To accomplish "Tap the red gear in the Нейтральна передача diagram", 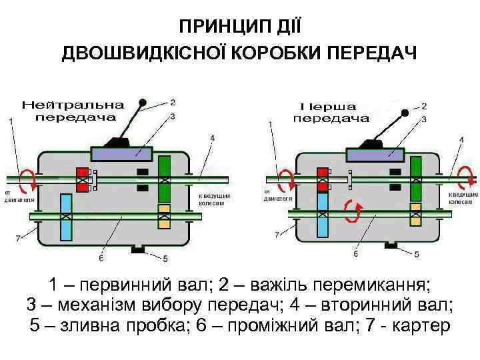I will pyautogui.click(x=83, y=179).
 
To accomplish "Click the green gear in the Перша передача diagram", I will pyautogui.click(x=415, y=179).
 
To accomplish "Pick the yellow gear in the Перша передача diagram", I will pyautogui.click(x=415, y=214).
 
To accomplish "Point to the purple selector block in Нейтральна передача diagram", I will pyautogui.click(x=125, y=153).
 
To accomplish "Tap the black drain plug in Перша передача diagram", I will pyautogui.click(x=391, y=247).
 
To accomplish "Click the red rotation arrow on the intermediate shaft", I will pyautogui.click(x=352, y=211).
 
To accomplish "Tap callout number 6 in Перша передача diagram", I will pyautogui.click(x=356, y=254).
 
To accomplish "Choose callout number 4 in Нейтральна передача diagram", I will pyautogui.click(x=212, y=138).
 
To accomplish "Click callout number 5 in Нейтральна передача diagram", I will pyautogui.click(x=165, y=258).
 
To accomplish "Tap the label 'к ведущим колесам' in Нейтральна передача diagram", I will pyautogui.click(x=215, y=199).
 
